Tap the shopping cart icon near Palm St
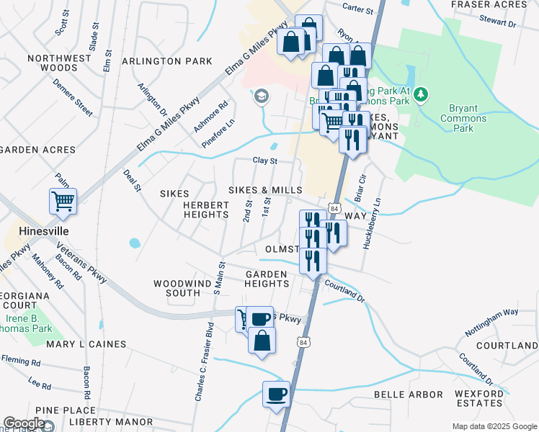(63, 201)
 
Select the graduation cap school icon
(261, 96)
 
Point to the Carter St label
(358, 12)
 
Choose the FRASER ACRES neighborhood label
(499, 4)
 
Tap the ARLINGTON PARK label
(167, 61)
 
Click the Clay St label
(264, 161)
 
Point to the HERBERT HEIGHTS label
(205, 210)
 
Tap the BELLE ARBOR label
(416, 395)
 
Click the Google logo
(24, 424)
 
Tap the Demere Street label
(72, 96)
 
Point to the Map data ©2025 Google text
(494, 426)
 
